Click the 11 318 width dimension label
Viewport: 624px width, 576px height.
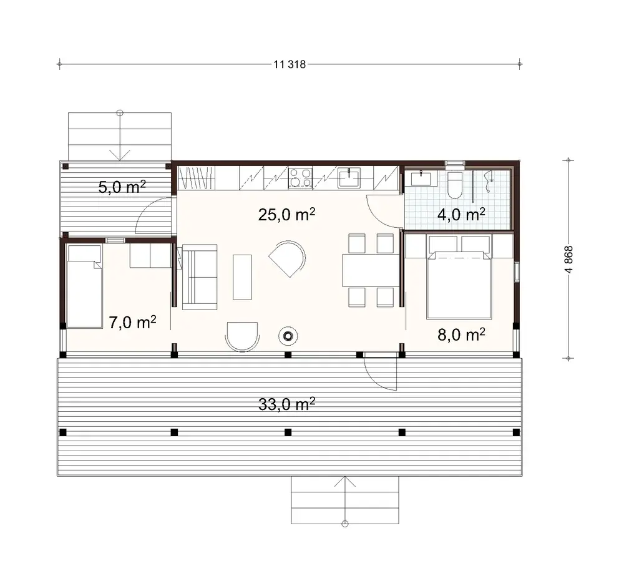tap(290, 64)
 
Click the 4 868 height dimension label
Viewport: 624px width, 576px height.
tap(568, 258)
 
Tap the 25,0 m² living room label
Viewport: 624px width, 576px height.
tap(286, 215)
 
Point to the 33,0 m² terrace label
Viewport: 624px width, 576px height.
tap(286, 405)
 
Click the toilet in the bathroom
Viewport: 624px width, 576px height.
tap(454, 182)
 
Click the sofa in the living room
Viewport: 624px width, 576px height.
tap(199, 277)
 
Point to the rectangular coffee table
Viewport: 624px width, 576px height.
tap(242, 276)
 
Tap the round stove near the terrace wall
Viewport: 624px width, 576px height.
tap(288, 336)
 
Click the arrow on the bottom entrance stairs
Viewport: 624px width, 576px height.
tap(344, 493)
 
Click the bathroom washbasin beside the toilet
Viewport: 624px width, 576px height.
tap(421, 179)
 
